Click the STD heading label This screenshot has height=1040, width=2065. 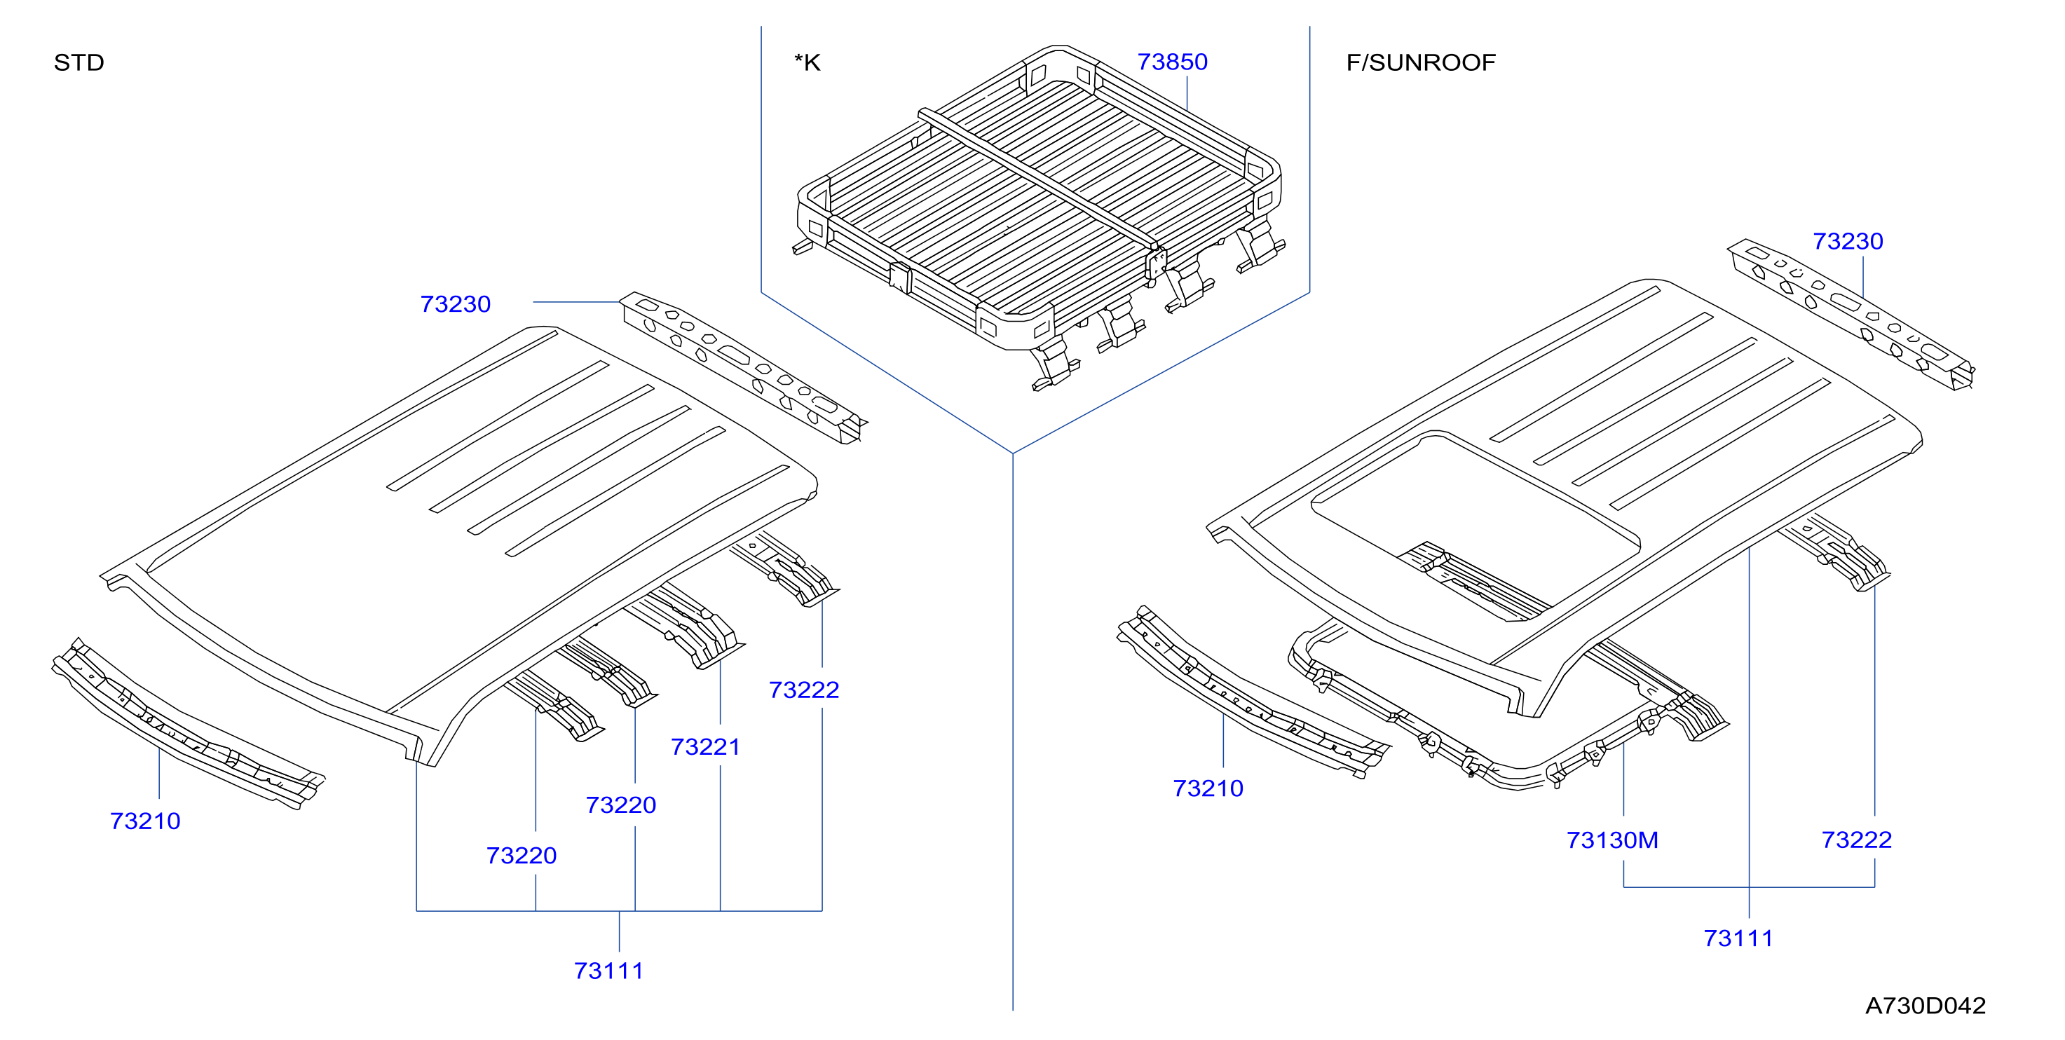tap(79, 62)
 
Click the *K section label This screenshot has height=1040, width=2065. tap(807, 62)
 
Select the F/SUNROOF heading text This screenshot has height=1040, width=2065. tap(1421, 62)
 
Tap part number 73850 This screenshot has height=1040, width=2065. tap(1172, 62)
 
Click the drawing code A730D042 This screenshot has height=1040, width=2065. tap(1926, 1006)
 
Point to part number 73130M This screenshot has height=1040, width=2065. tap(1612, 840)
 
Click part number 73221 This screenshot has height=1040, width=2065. tap(705, 747)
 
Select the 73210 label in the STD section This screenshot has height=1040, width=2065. tap(145, 821)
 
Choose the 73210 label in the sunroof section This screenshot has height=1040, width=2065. tap(1208, 788)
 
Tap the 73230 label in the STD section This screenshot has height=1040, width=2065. tap(456, 303)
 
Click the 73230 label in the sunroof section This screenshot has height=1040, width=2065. tap(1848, 241)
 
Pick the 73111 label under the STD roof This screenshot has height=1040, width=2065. tap(608, 971)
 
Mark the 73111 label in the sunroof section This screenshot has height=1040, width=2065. tap(1738, 938)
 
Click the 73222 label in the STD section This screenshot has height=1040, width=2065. tap(804, 690)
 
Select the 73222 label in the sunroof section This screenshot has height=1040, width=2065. tap(1857, 840)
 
